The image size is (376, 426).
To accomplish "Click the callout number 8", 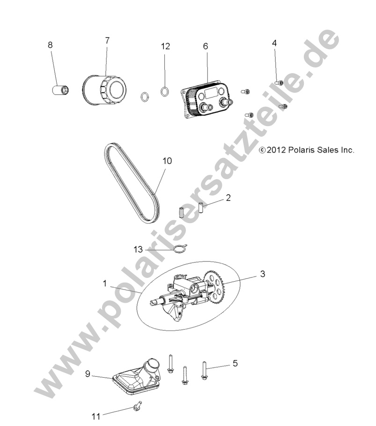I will coord(50,45).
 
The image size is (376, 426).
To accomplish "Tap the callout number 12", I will coord(165,46).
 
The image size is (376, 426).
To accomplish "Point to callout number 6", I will coord(205,46).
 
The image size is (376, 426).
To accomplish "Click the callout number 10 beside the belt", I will coord(167,161).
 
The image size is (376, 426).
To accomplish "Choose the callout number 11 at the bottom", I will coord(96,415).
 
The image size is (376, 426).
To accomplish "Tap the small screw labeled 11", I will coord(137,406).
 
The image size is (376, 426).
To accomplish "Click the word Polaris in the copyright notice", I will coord(302,150).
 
